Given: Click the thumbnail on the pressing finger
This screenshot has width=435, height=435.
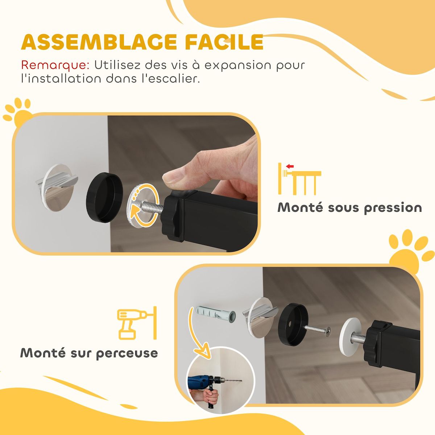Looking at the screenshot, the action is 173,177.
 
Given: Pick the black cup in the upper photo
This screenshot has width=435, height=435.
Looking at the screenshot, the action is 104,198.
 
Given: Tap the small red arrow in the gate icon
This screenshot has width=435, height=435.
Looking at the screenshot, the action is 290,166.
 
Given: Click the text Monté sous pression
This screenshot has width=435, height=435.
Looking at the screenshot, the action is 349,208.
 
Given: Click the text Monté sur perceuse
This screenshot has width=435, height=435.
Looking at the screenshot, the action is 89,353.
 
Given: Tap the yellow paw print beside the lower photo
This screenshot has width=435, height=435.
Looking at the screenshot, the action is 411,250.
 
